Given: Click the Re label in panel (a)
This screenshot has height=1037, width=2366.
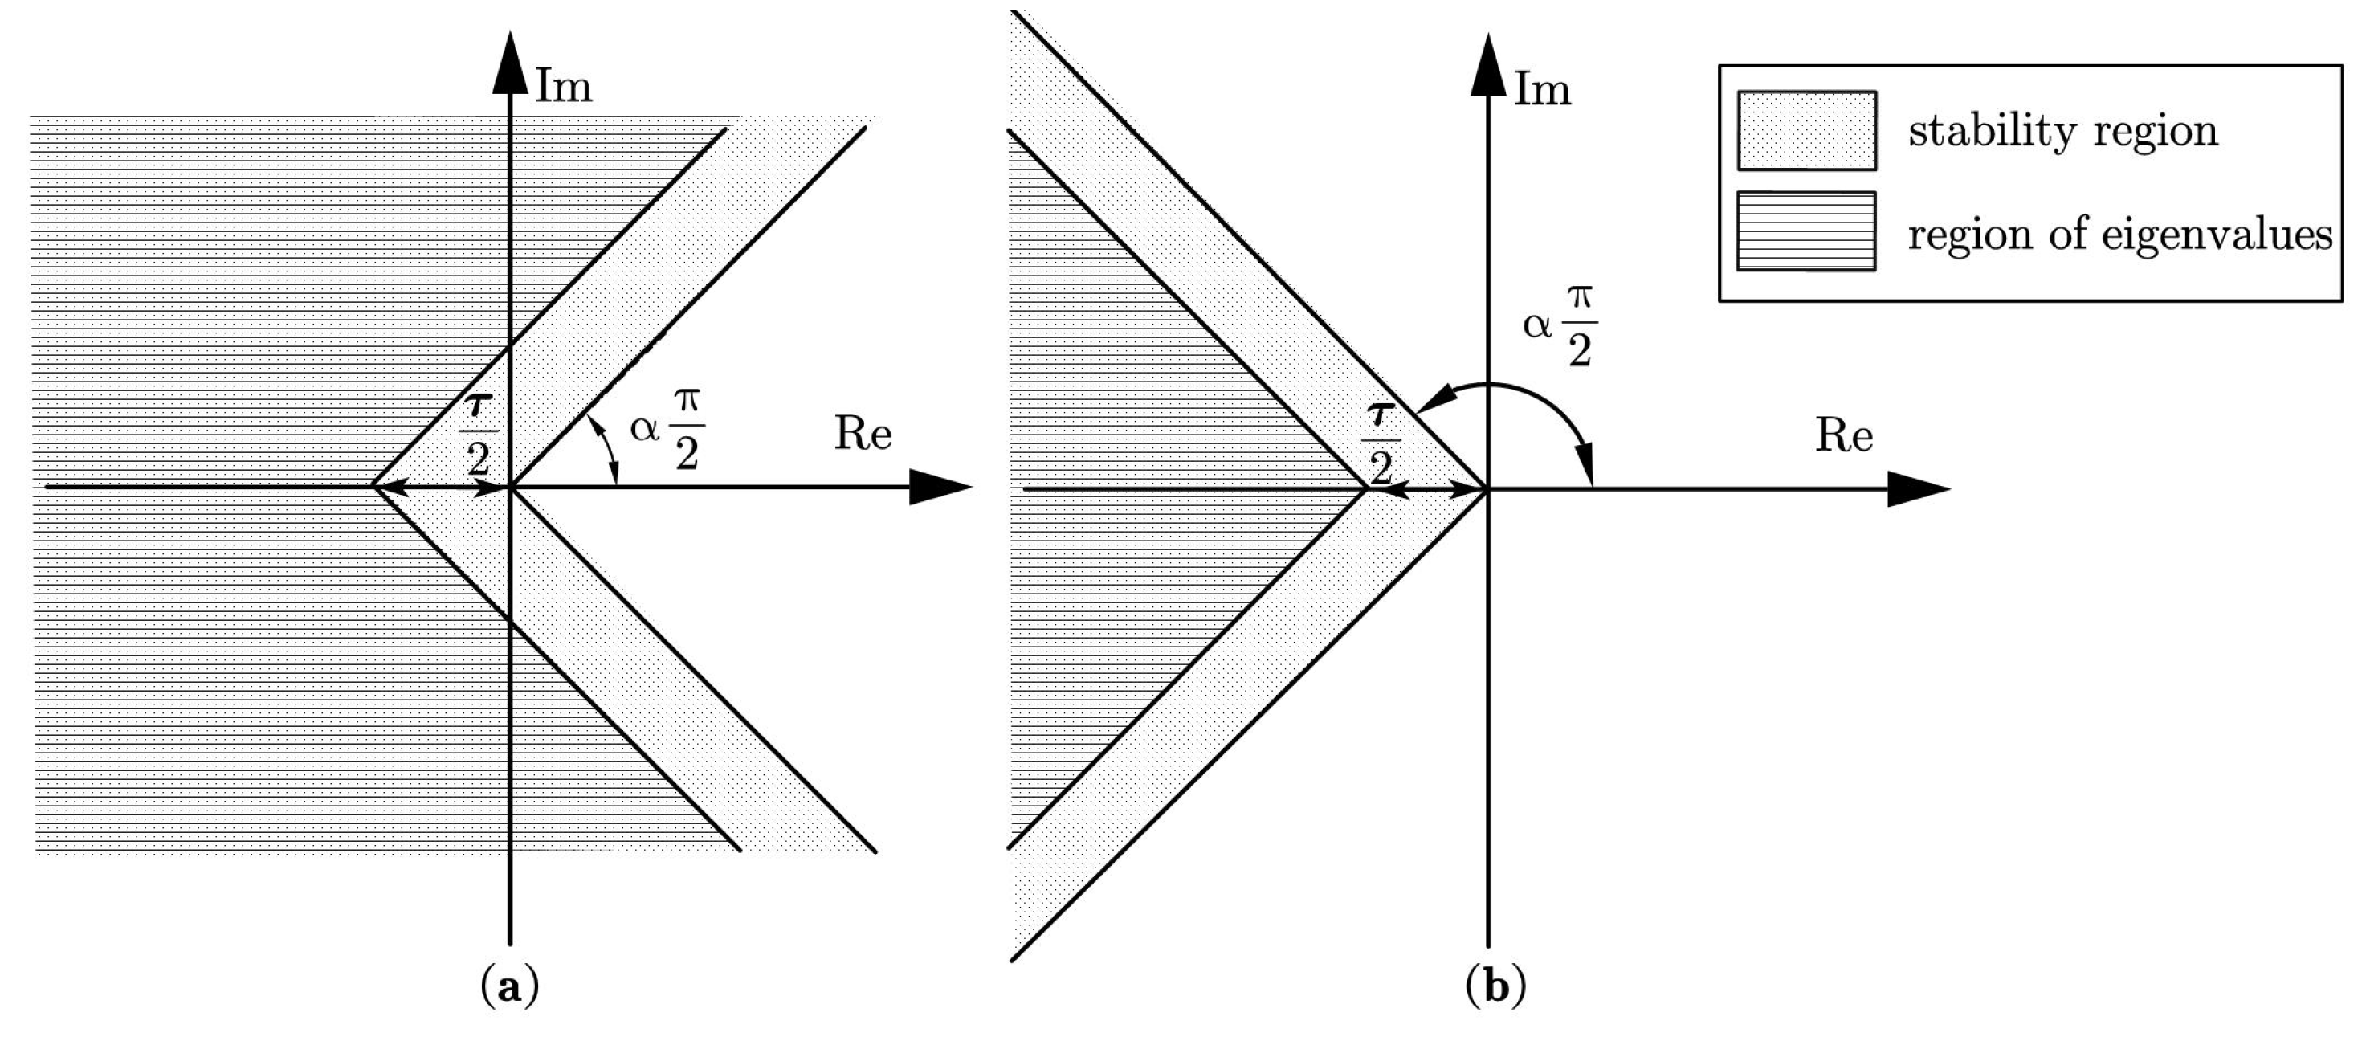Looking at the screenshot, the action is [x=863, y=434].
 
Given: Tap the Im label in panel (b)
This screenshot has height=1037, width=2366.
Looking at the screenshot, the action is [x=1542, y=90].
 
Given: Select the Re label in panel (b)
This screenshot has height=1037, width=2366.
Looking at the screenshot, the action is [x=1843, y=435].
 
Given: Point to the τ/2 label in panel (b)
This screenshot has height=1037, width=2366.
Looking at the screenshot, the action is [x=1380, y=443].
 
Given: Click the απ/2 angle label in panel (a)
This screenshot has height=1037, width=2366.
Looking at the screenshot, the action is [x=667, y=428].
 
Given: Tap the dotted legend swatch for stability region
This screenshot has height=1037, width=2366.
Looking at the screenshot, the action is [x=1807, y=130].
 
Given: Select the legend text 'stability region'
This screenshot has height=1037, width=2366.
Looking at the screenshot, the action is [x=2063, y=130].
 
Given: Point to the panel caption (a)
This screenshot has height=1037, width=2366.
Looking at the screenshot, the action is [x=509, y=987].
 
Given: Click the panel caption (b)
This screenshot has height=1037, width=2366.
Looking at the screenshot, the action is [x=1495, y=987].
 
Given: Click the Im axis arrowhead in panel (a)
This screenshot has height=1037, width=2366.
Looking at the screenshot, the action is [x=511, y=63].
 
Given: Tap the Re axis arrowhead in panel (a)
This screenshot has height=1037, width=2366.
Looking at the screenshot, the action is [x=940, y=487].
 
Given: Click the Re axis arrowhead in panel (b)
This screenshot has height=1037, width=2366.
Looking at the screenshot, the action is [x=1919, y=488].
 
